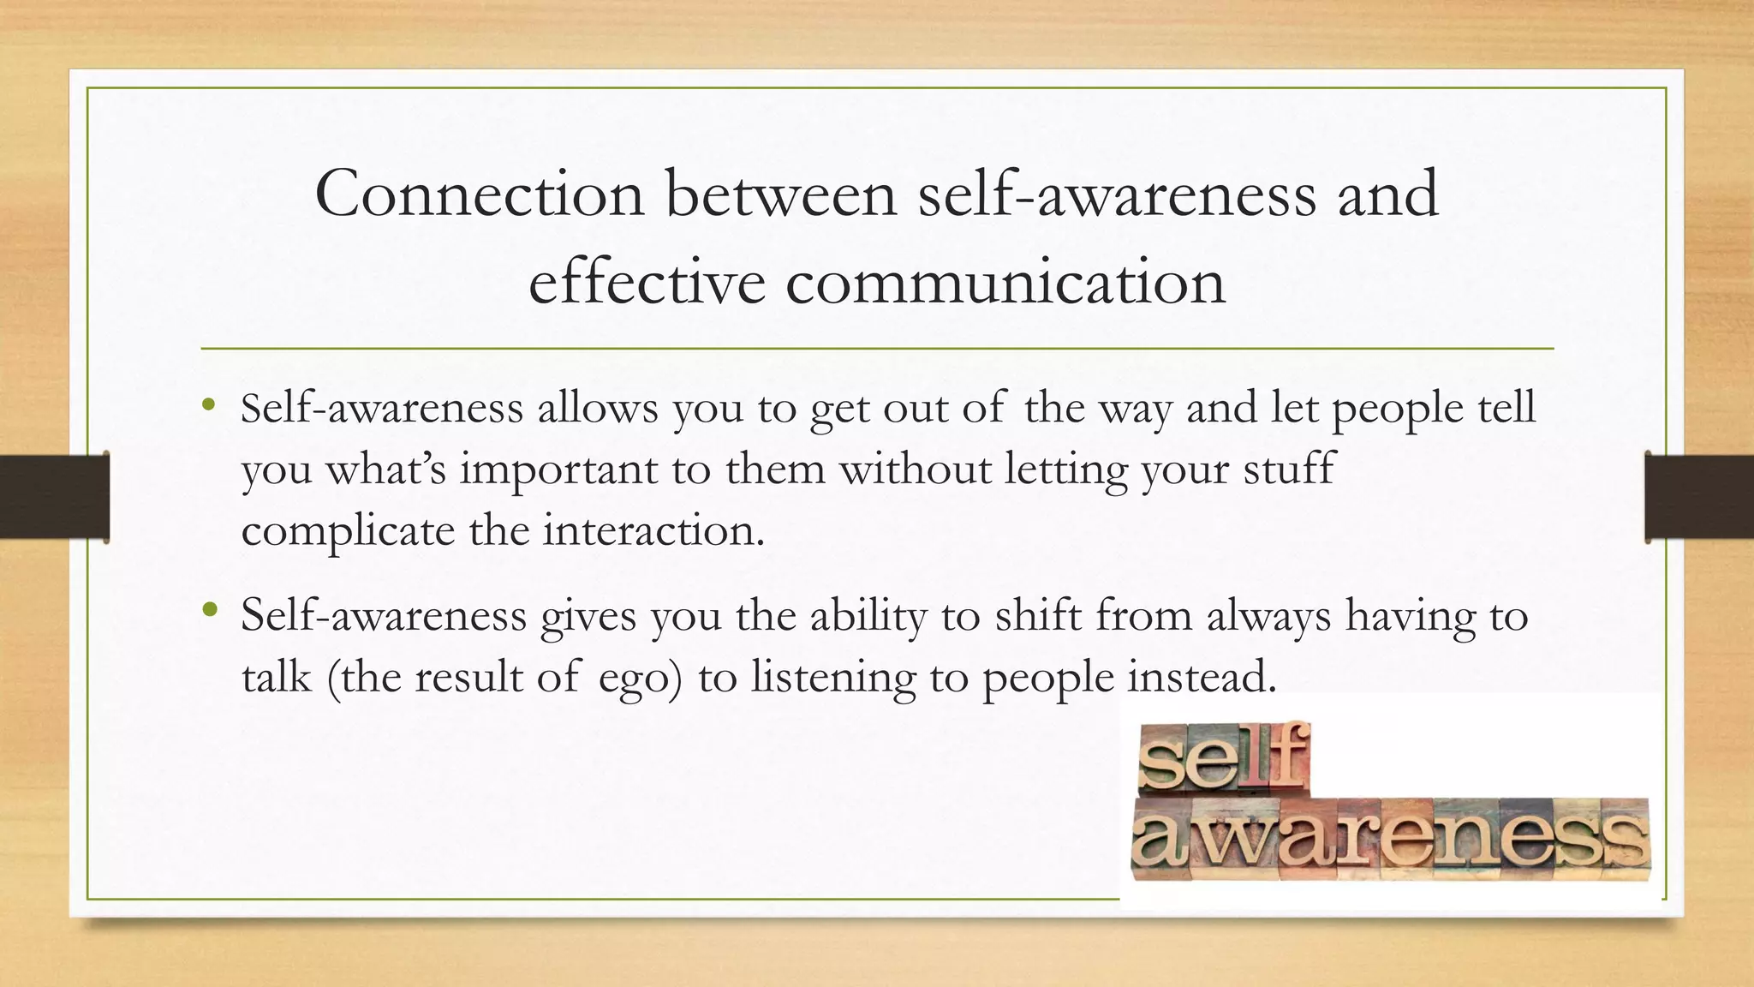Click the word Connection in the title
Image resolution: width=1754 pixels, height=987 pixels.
point(479,194)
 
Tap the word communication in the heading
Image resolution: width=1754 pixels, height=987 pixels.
point(1005,283)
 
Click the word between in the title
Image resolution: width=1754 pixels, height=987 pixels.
point(781,194)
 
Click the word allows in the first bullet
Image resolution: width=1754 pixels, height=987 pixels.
point(598,408)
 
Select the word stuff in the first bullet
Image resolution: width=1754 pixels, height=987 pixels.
point(1288,470)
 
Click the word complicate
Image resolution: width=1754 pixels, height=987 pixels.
point(348,531)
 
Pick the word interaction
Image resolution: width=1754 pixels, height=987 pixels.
point(653,531)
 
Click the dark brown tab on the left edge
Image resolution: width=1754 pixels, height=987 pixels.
point(54,497)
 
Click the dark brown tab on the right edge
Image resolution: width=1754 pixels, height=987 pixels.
point(1699,497)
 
